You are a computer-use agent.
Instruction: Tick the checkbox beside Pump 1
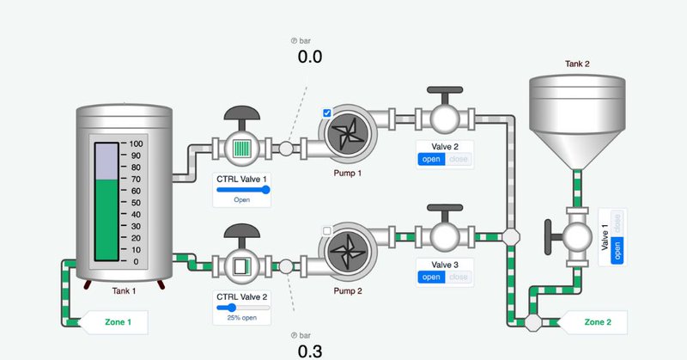click(x=327, y=113)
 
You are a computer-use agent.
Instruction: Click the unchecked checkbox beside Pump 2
click(x=327, y=230)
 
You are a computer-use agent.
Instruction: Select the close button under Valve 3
click(x=459, y=277)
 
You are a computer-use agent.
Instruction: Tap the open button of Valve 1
click(x=617, y=250)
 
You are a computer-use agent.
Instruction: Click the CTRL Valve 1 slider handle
click(x=265, y=190)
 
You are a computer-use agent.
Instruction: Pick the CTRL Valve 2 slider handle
click(x=231, y=308)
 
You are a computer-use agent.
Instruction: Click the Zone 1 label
click(x=118, y=322)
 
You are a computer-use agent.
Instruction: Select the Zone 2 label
click(x=598, y=322)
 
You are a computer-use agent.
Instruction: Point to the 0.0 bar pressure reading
click(x=310, y=57)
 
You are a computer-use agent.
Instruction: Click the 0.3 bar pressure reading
click(x=310, y=351)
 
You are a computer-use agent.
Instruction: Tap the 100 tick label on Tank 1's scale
click(x=136, y=143)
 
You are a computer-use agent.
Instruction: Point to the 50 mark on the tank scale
click(x=136, y=203)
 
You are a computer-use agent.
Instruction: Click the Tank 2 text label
click(x=577, y=64)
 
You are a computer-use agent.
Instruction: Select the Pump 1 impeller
click(x=348, y=131)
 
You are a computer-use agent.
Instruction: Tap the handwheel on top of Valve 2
click(x=445, y=89)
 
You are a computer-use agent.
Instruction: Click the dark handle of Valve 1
click(x=548, y=237)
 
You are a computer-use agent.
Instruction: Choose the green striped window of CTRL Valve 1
click(x=242, y=148)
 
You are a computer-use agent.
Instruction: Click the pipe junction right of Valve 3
click(x=511, y=237)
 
